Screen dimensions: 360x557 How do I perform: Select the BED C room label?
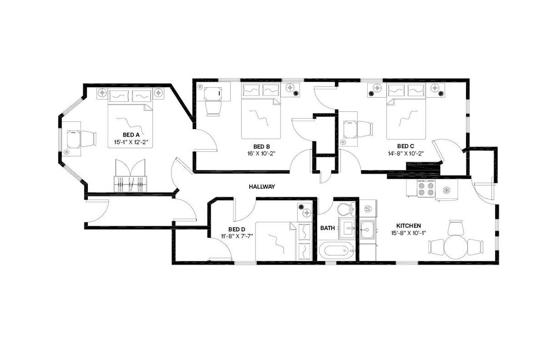coord(405,146)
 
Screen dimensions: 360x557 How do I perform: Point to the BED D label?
coord(237,230)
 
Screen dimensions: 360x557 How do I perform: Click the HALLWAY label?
coord(262,187)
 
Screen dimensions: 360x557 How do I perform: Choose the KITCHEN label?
coord(408,226)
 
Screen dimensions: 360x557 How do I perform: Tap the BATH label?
coord(327,228)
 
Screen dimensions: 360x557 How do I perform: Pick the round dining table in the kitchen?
coord(456,247)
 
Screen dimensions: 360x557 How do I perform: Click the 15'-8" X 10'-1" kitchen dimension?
coord(408,233)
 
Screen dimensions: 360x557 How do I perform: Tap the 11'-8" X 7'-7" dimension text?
coord(237,237)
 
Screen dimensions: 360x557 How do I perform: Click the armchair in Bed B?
coord(213,107)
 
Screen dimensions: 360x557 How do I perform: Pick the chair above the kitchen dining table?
coord(456,227)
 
